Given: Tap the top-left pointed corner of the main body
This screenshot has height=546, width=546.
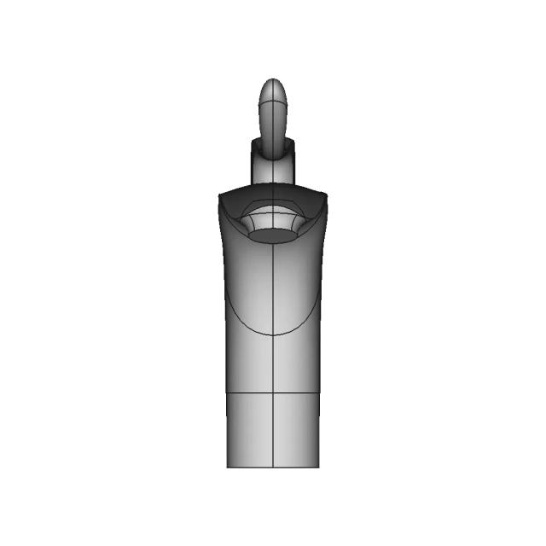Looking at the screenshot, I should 220,195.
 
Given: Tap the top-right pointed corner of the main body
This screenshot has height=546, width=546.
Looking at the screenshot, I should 326,195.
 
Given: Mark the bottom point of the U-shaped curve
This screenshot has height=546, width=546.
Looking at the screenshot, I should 273,334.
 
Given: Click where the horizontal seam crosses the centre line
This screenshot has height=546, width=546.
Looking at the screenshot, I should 273,393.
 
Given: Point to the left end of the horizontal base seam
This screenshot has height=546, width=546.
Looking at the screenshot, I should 227,393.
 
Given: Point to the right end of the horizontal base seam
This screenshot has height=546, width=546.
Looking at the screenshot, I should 319,393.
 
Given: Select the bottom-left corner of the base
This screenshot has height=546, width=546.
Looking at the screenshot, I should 228,467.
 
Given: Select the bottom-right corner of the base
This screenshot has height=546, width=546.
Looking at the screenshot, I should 318,467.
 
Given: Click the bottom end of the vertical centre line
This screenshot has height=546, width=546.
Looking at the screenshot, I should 273,467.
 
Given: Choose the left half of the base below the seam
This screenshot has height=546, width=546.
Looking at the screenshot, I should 250,431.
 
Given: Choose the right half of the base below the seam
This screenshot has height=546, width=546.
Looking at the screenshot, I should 296,431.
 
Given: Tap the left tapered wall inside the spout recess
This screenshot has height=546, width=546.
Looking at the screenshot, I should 249,224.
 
